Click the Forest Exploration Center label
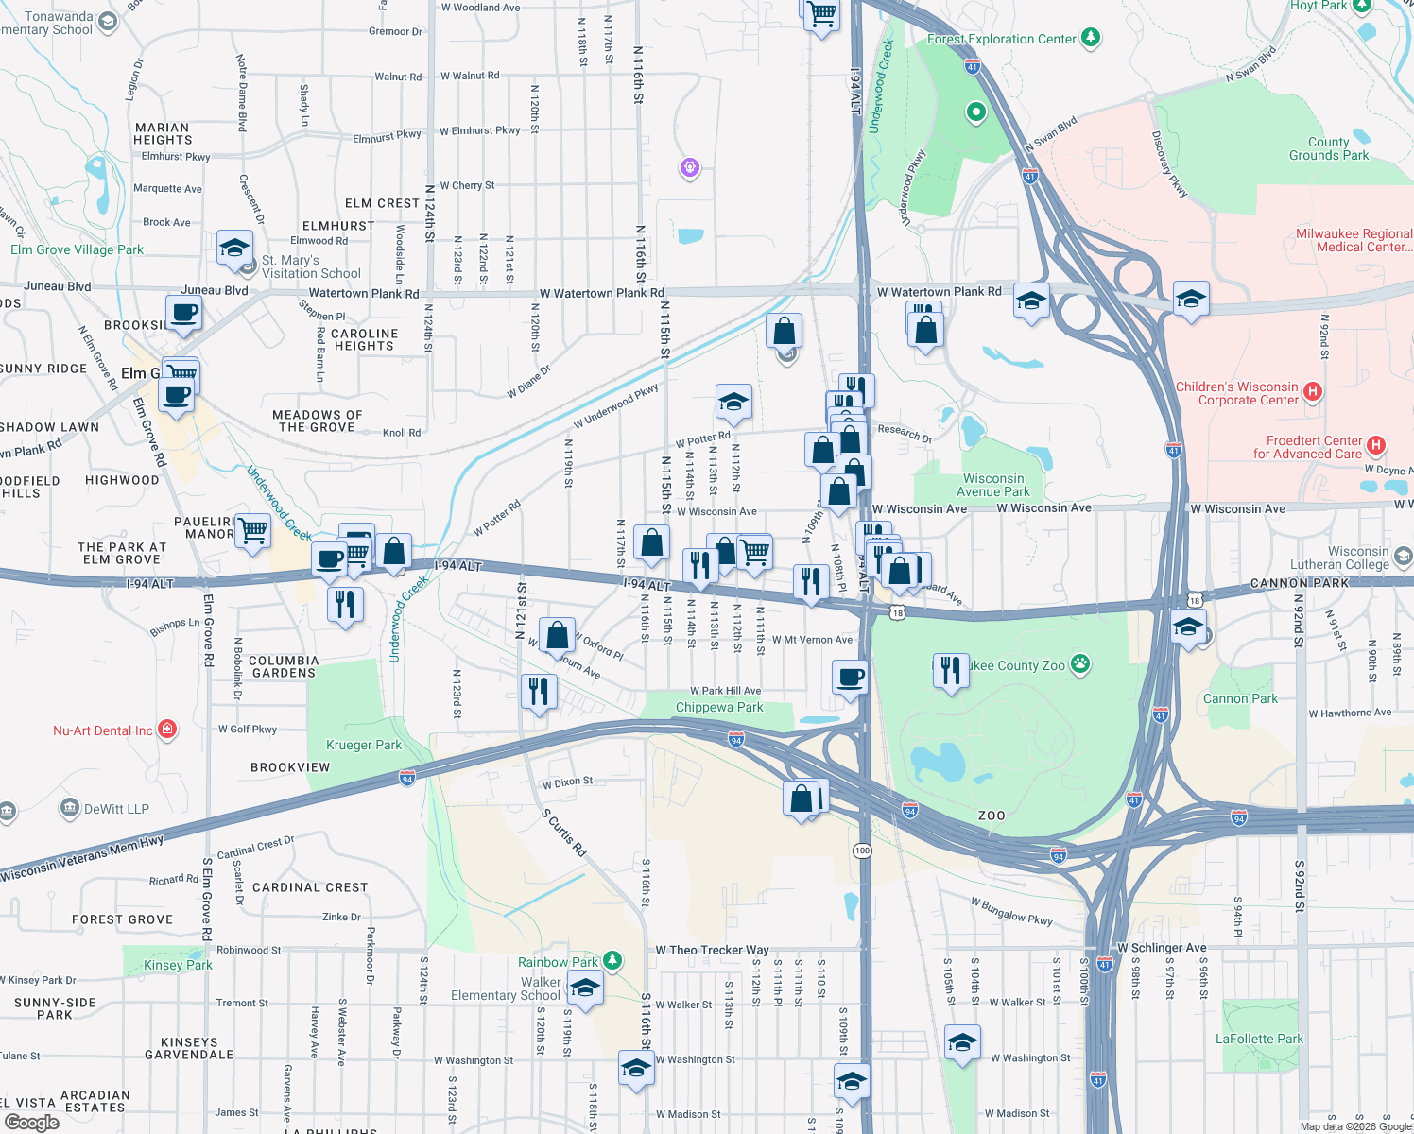(x=1001, y=39)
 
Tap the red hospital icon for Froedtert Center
(x=1376, y=445)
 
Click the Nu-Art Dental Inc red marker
(x=167, y=729)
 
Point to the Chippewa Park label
(x=719, y=707)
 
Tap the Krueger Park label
(x=364, y=745)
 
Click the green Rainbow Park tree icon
(x=612, y=961)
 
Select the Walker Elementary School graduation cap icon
(x=585, y=989)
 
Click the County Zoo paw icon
(x=1080, y=664)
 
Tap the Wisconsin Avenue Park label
(x=993, y=485)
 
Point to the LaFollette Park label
(x=1259, y=1039)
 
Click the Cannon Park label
(x=1240, y=698)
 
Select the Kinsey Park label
(x=178, y=965)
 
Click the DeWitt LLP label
(x=116, y=809)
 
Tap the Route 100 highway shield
(x=862, y=850)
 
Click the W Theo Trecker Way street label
(x=712, y=950)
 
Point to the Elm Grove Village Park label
(x=77, y=249)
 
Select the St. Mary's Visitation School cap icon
(x=234, y=249)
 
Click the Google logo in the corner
(x=31, y=1122)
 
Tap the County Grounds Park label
(x=1328, y=148)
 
